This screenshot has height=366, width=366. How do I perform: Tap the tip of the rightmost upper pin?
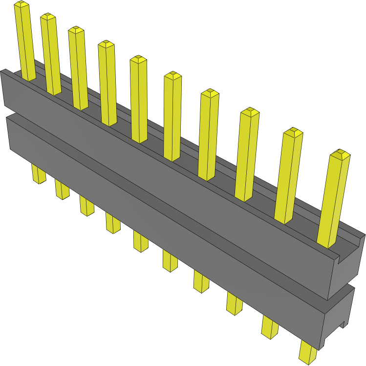pos(340,154)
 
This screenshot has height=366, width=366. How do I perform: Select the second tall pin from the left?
pos(51,54)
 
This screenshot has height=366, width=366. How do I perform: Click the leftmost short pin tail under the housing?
pos(38,173)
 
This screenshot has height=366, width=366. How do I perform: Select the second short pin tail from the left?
pos(62,189)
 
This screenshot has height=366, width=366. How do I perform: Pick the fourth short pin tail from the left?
pos(112,223)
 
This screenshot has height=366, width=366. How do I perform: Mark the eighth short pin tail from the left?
pos(234,302)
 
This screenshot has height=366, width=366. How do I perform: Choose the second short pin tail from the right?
pos(269,326)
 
